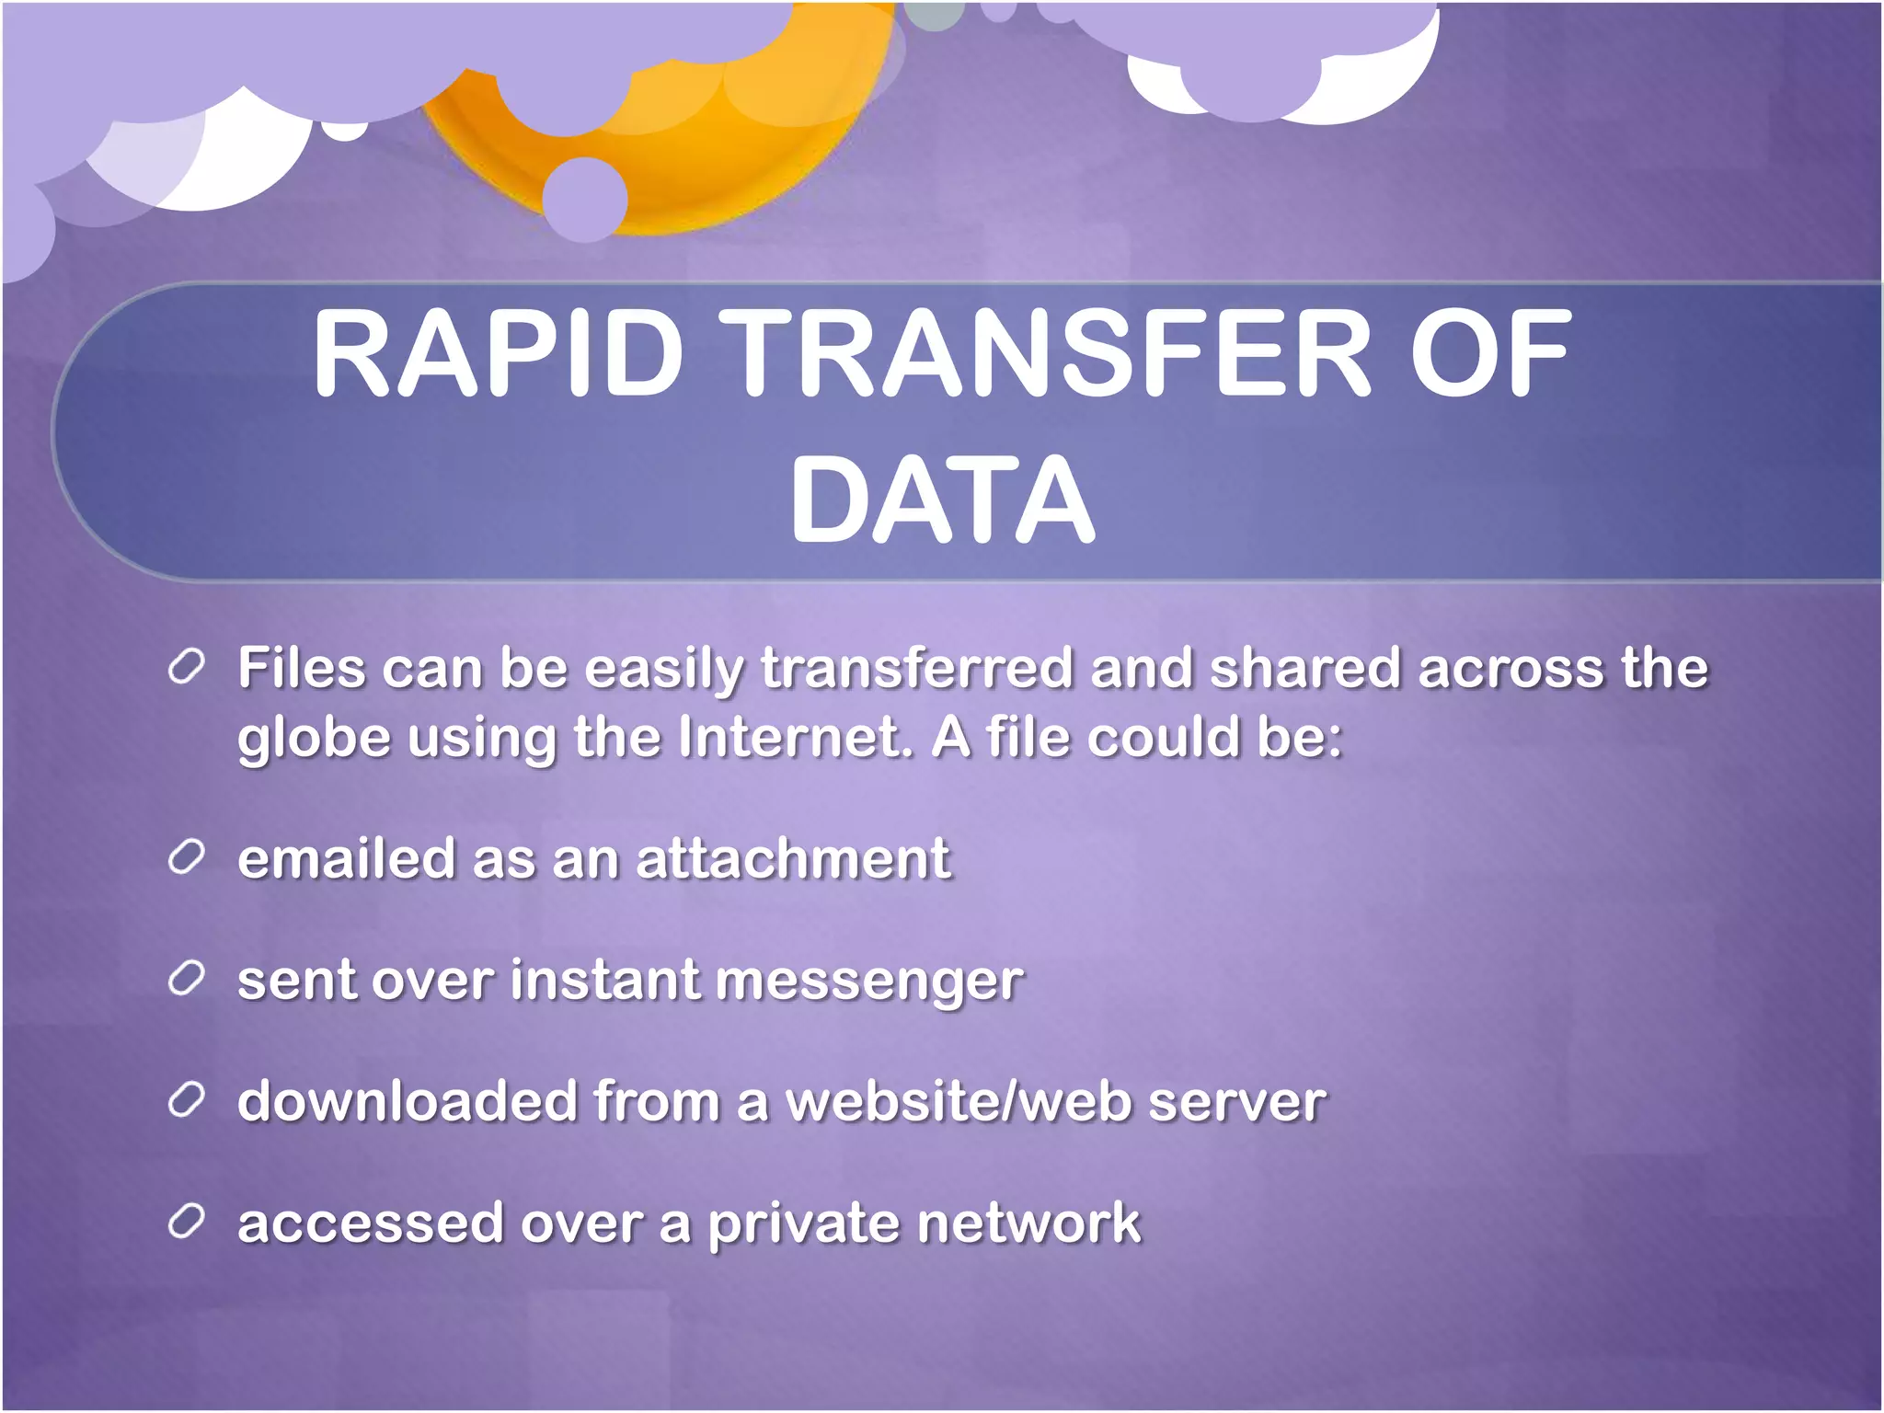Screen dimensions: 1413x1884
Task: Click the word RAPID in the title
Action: click(x=498, y=353)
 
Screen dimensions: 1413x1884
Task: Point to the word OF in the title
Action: click(x=1490, y=353)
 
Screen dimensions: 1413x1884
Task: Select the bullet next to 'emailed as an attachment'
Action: click(x=186, y=858)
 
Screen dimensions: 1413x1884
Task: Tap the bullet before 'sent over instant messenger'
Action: click(x=186, y=980)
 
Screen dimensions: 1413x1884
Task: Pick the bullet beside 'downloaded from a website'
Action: click(x=186, y=1100)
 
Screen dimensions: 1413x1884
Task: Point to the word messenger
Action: click(x=869, y=981)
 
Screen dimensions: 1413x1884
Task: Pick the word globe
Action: click(x=314, y=739)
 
